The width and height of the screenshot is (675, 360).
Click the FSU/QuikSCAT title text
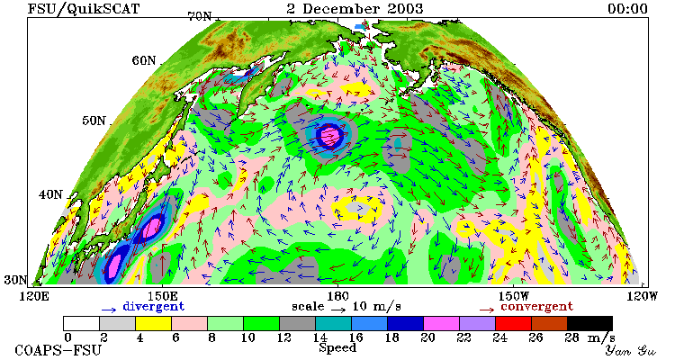coord(84,9)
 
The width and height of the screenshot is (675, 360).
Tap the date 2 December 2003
coord(355,9)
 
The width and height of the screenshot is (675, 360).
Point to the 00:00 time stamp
coord(627,9)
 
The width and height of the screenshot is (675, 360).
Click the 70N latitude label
coord(200,16)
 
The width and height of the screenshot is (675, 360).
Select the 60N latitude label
coord(144,60)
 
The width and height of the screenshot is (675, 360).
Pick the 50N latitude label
coord(94,121)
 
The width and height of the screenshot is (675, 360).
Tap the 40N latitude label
coord(50,194)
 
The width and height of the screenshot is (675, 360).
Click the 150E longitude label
coord(161,296)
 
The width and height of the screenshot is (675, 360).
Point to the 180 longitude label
coord(337,296)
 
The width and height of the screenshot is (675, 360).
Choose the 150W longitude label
coord(514,296)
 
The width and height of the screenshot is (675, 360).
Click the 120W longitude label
coord(642,296)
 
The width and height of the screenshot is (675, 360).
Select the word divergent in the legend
coord(154,307)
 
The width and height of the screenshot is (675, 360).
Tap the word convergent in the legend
coord(536,307)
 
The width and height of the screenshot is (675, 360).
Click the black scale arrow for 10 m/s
coord(338,310)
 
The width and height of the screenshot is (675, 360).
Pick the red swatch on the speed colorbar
coord(513,323)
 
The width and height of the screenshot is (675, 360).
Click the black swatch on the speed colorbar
coord(589,323)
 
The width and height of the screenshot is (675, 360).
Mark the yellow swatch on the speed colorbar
coord(153,323)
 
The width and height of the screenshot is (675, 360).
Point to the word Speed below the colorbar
coord(337,348)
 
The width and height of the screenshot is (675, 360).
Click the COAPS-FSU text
coord(58,350)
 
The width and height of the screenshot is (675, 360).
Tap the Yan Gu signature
coord(631,350)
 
